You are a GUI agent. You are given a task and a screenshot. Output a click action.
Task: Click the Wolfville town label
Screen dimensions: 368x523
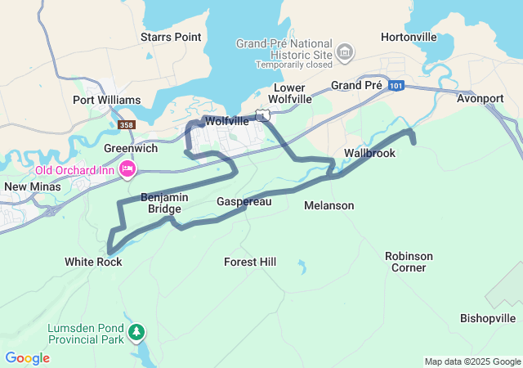click(226, 120)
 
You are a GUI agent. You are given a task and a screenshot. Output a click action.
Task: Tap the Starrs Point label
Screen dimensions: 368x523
click(171, 37)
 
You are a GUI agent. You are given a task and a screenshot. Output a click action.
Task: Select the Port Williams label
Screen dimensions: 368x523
click(107, 100)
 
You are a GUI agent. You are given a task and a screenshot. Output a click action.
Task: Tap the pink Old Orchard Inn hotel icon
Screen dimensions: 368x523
click(127, 169)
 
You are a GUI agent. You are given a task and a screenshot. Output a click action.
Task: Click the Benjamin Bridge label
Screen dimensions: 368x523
click(165, 203)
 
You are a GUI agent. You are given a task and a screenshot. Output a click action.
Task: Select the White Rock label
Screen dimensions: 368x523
click(93, 262)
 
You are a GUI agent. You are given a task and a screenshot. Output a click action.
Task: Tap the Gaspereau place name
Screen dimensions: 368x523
click(244, 201)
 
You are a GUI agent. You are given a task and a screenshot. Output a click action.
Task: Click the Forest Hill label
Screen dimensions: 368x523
click(250, 262)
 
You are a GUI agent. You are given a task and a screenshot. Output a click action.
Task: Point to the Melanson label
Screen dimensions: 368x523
click(329, 205)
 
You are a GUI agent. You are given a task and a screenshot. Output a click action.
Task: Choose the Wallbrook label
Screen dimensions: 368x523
click(370, 153)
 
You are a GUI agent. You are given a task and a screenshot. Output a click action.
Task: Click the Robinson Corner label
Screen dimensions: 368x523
click(409, 262)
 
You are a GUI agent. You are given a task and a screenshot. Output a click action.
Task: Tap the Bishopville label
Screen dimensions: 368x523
click(488, 318)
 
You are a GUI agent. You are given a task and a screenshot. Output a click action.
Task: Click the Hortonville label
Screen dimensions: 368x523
click(409, 37)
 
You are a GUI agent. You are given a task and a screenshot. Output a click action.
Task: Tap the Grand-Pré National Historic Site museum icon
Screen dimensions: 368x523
click(345, 53)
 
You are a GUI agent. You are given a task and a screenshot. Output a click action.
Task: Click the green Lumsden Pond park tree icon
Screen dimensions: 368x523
click(137, 332)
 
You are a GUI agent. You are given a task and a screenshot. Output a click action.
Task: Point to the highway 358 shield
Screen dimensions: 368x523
click(127, 125)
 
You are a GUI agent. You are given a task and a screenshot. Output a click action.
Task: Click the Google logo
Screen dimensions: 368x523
click(27, 358)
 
